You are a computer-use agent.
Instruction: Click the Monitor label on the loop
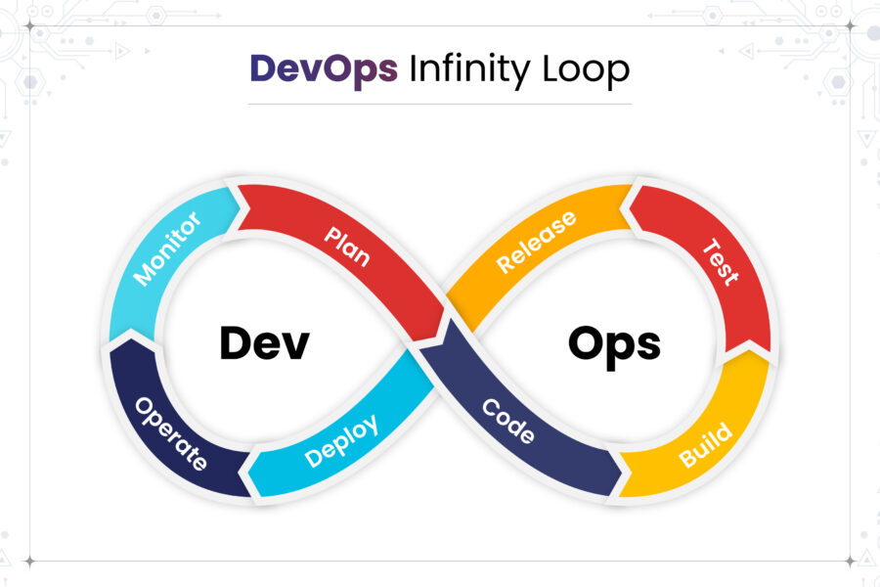coord(167,248)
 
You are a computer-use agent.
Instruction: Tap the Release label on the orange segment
coord(536,242)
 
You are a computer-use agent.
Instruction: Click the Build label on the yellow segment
coord(705,444)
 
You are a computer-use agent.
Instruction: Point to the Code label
coord(509,421)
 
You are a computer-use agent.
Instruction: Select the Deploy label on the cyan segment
coord(341,441)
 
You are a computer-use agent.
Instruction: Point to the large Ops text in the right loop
coord(614,343)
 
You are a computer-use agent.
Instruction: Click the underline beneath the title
coord(440,103)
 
